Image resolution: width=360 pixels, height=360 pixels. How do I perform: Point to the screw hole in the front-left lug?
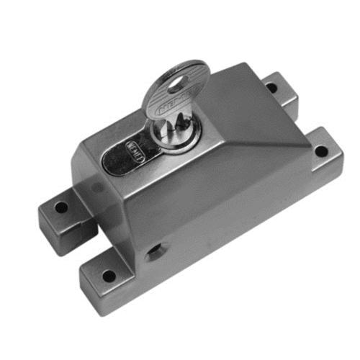pos(108,274)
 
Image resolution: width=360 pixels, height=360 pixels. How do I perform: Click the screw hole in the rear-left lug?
pos(61,207)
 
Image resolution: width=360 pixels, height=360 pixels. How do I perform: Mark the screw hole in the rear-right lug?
pos(271,88)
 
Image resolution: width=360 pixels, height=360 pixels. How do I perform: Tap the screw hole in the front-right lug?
pos(320,152)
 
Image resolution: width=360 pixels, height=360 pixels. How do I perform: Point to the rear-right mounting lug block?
pos(277,90)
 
